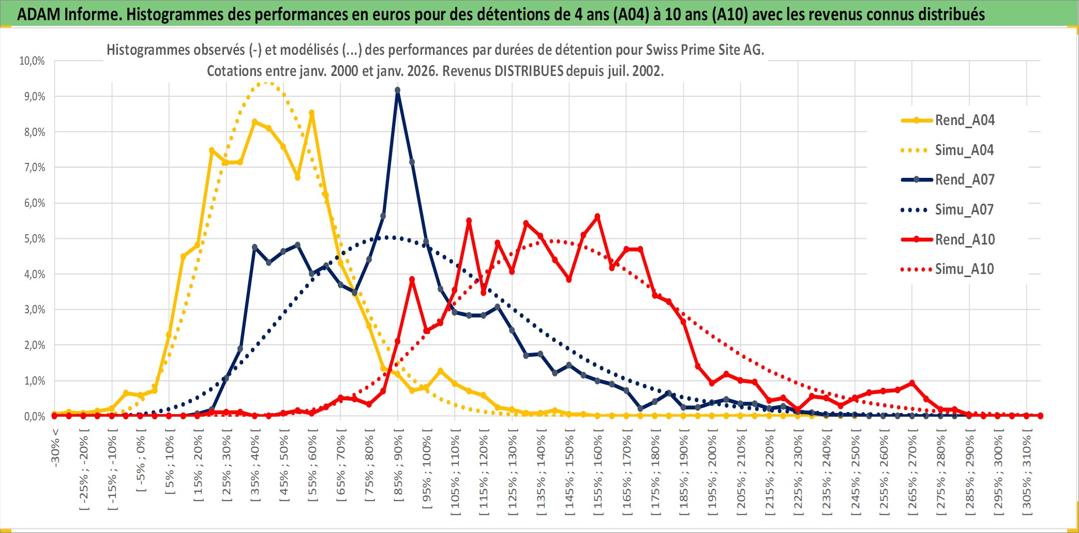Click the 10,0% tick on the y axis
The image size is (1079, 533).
32,61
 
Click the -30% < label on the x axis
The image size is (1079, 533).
55,447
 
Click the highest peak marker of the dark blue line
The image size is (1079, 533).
397,90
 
